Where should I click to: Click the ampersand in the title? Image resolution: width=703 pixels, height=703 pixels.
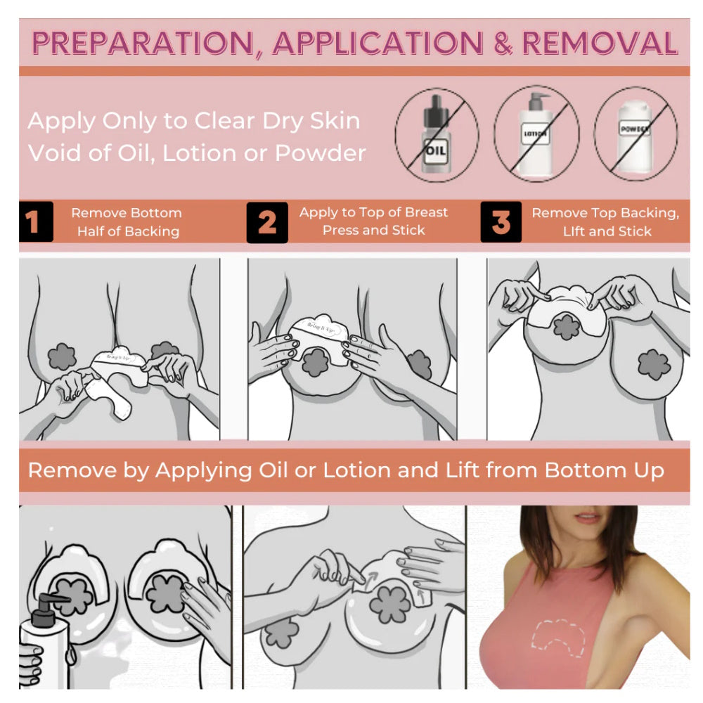pos(503,44)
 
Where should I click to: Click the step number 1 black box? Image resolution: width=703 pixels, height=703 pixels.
pos(36,222)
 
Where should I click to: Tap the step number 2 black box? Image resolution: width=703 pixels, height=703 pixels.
pos(266,222)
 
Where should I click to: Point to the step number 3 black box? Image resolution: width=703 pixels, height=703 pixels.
pos(501,222)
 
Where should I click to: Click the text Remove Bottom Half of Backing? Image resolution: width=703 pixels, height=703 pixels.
pos(127,222)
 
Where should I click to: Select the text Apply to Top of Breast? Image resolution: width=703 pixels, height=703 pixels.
pos(373,212)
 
